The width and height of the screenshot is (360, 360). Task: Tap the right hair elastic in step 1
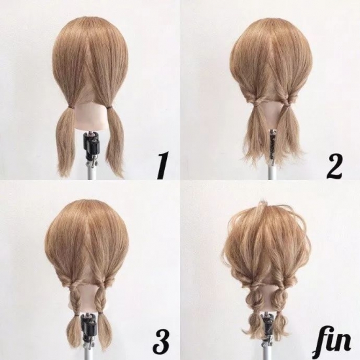click(109, 107)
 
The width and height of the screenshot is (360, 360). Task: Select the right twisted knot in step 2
click(287, 101)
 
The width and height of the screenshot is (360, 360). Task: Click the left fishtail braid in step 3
click(75, 300)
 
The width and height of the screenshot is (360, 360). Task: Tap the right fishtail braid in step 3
click(101, 300)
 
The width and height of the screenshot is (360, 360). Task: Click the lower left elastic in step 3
click(76, 314)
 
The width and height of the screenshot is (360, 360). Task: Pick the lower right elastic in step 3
click(101, 313)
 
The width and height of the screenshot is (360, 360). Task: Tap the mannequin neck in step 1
click(92, 117)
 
